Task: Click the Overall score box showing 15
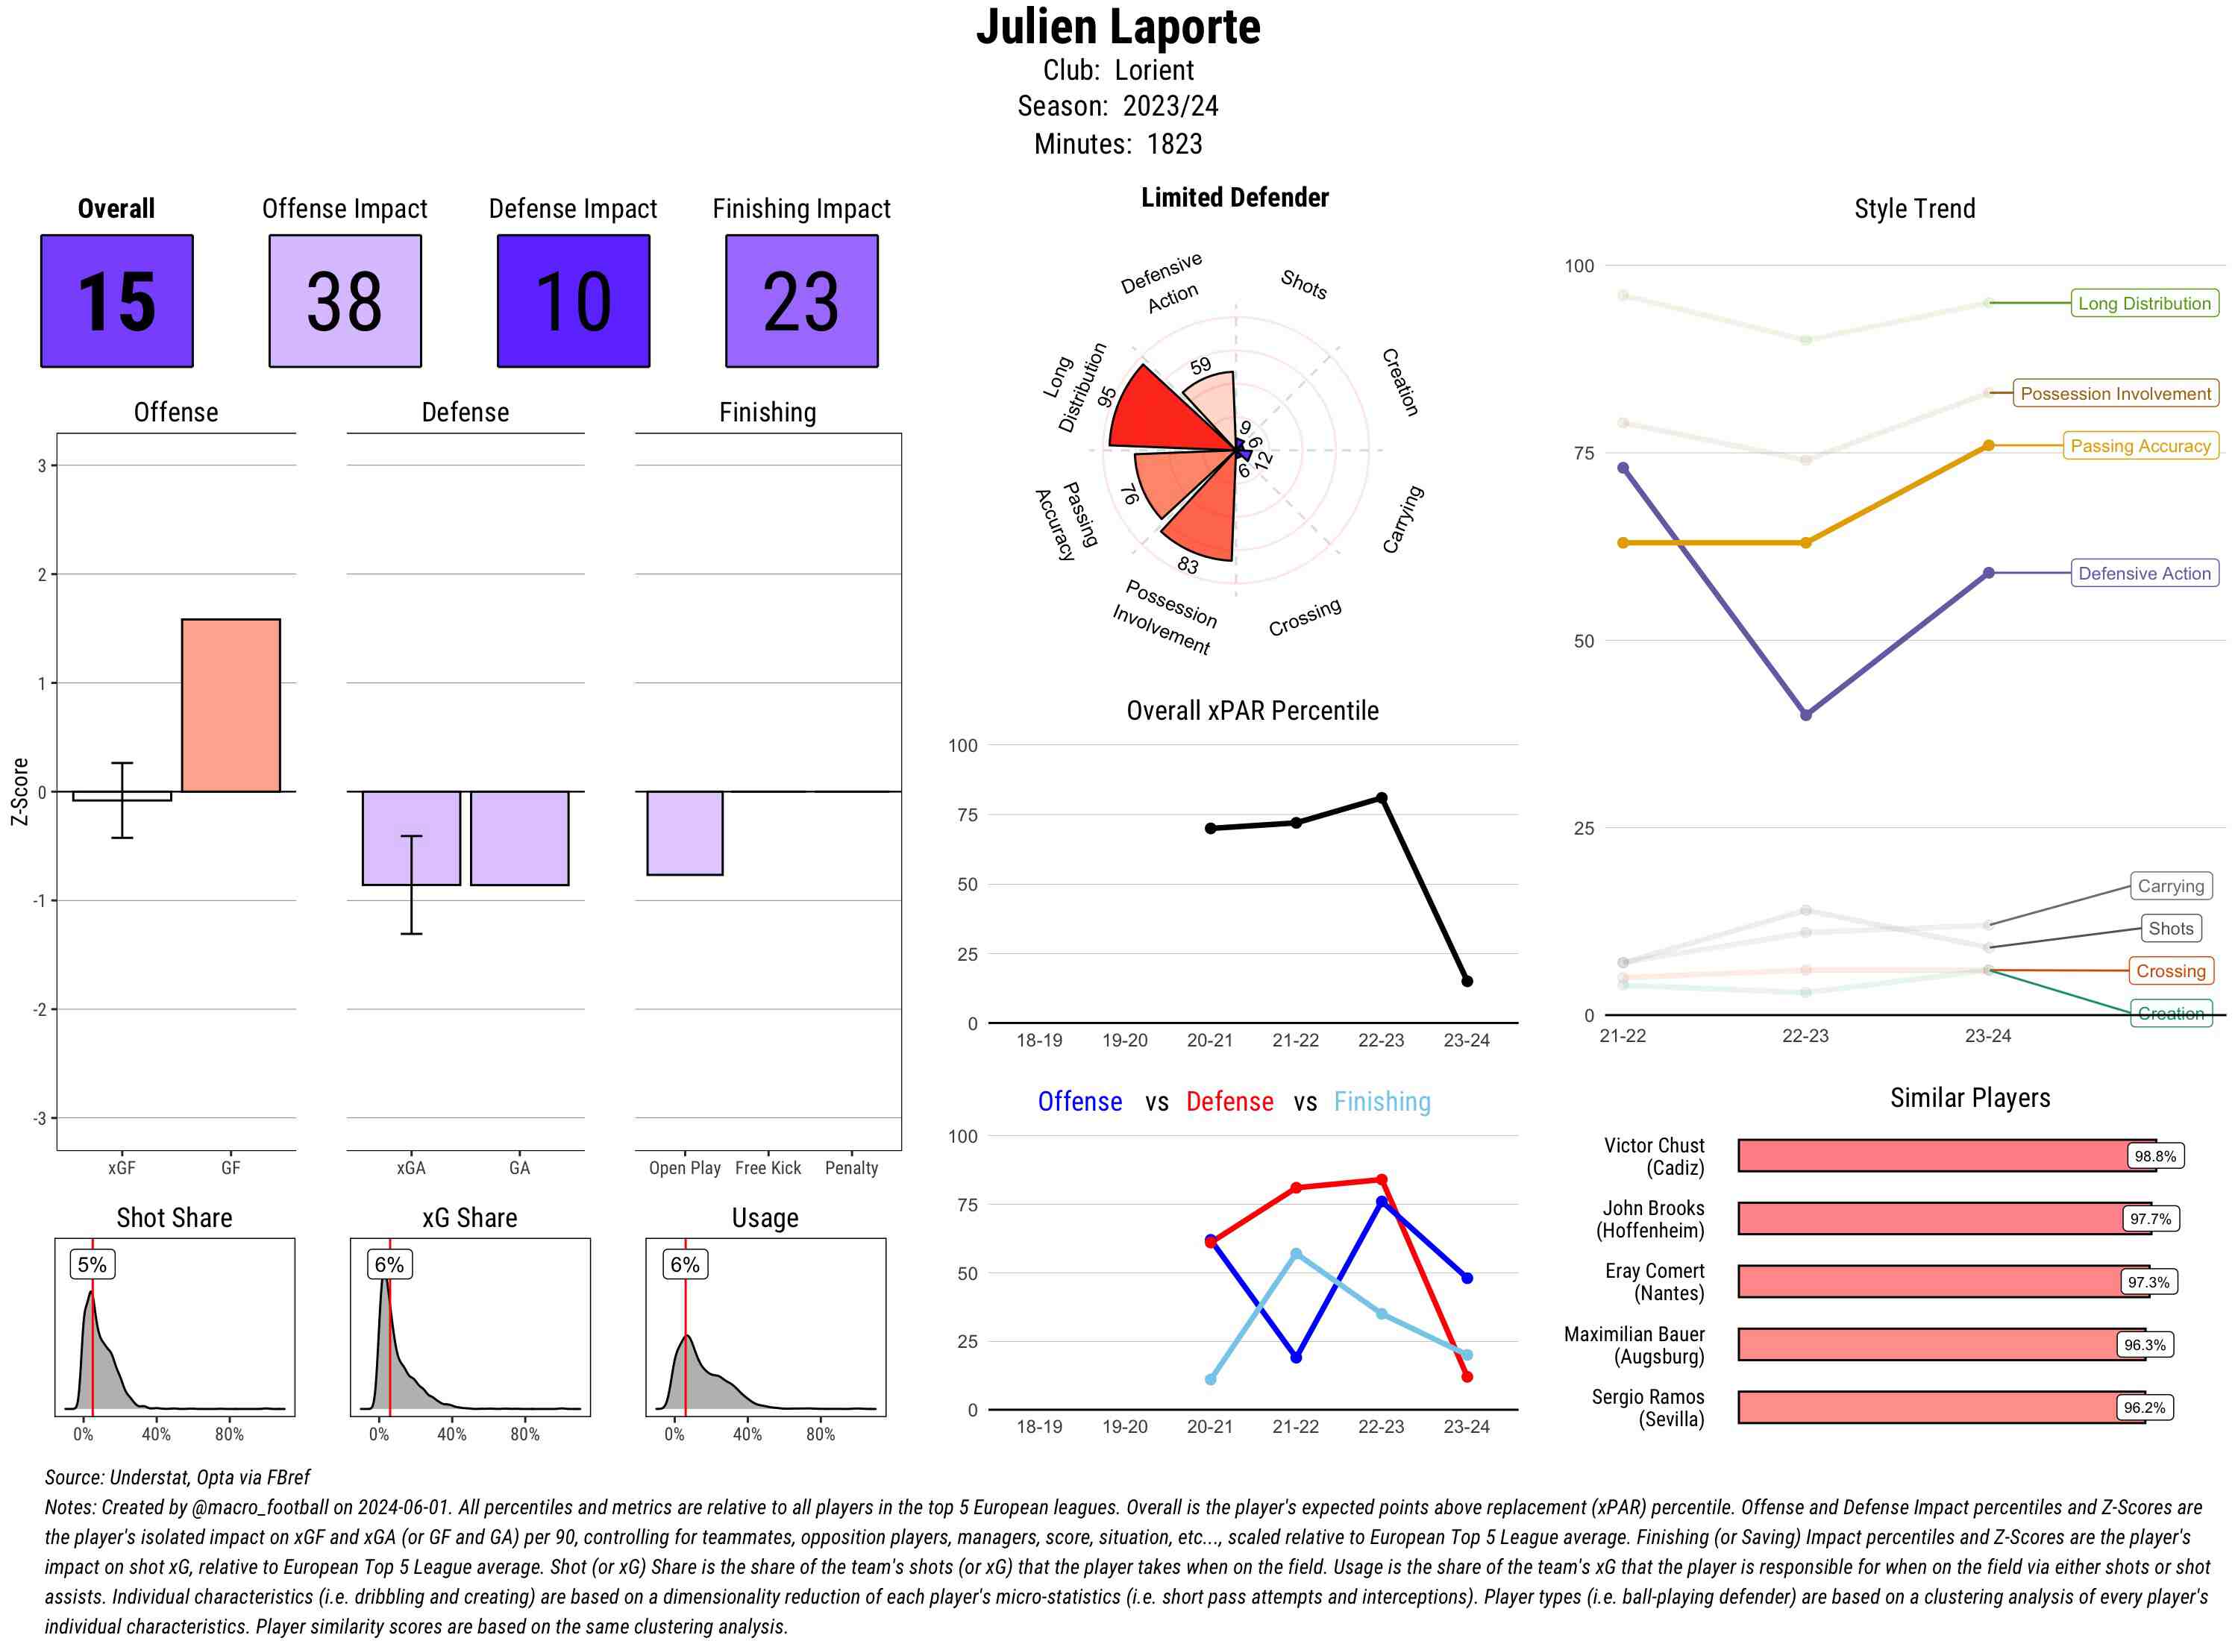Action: [x=116, y=301]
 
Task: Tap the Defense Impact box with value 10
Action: [x=573, y=301]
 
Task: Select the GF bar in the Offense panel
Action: [x=231, y=706]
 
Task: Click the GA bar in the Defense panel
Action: [x=519, y=838]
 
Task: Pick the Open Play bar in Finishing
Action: [x=684, y=832]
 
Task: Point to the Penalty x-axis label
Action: [x=851, y=1168]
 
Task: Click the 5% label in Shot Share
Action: [x=92, y=1264]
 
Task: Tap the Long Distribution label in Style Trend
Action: [x=2144, y=303]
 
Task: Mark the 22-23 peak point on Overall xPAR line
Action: [x=1381, y=797]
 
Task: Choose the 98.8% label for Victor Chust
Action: [x=2154, y=1156]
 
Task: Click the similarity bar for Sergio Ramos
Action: [x=1941, y=1408]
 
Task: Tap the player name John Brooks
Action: [x=1653, y=1208]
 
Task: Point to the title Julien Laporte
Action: [x=1118, y=27]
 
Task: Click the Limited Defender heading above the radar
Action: [x=1235, y=198]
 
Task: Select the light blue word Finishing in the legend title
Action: [x=1382, y=1102]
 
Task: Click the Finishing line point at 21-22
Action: [x=1295, y=1255]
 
